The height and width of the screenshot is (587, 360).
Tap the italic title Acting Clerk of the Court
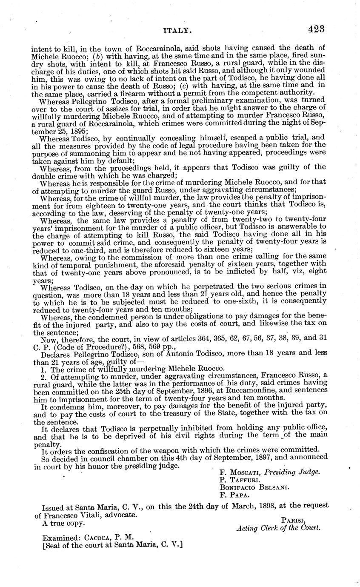(x=278, y=528)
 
